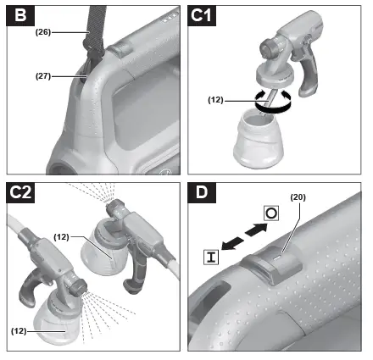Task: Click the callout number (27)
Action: tap(45, 75)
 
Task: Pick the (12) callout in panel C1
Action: tap(217, 99)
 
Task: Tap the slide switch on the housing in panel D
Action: tap(280, 268)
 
